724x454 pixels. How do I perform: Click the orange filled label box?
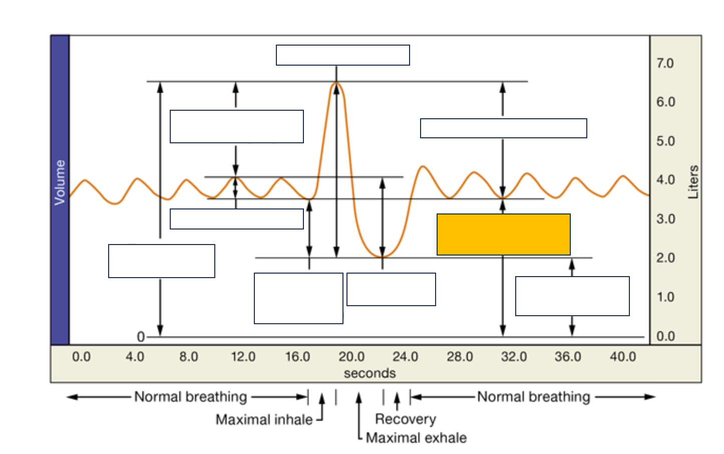tap(503, 235)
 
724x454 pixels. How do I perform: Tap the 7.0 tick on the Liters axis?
tap(665, 63)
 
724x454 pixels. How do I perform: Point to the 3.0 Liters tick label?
tap(665, 219)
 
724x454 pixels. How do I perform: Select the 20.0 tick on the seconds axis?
tap(351, 357)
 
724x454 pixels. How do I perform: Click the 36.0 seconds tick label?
tap(568, 357)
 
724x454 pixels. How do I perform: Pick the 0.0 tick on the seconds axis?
tap(81, 357)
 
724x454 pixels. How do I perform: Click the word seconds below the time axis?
tap(370, 373)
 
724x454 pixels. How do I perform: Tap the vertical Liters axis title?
tap(693, 182)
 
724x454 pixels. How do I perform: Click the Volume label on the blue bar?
tap(60, 182)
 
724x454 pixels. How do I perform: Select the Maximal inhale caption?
tap(264, 419)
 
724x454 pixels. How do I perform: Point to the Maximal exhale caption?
tap(416, 438)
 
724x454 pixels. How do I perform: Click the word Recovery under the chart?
tap(406, 419)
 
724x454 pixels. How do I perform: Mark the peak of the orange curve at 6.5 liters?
tap(336, 83)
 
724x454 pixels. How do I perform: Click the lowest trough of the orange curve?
tap(383, 257)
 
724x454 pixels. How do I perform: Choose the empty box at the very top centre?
tap(342, 55)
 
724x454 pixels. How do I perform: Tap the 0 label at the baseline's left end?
tap(141, 337)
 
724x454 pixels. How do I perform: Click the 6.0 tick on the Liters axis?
tap(665, 102)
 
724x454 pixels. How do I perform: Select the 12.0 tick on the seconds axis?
tap(243, 357)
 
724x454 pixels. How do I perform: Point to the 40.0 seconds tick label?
tap(623, 357)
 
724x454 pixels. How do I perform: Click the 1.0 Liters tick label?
tap(665, 297)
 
